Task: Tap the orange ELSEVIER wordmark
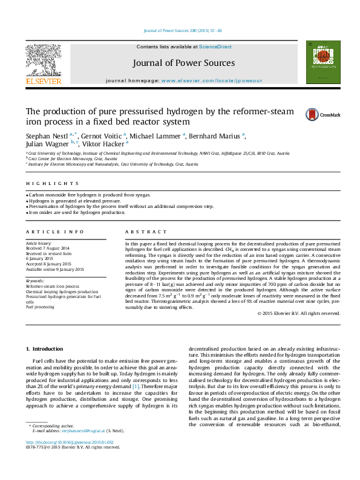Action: click(43, 81)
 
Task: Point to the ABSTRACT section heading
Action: click(145, 232)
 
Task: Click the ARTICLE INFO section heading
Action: click(54, 232)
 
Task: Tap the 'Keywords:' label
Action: click(35, 281)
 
